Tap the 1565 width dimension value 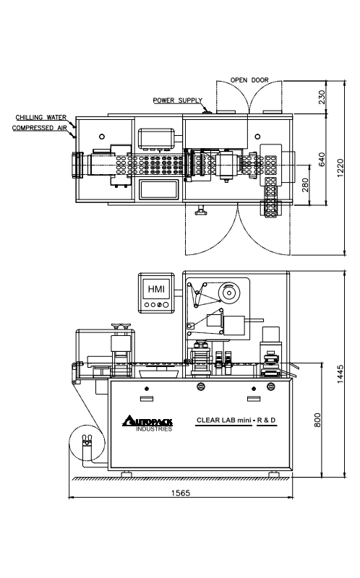(181, 493)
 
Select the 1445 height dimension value (340, 374)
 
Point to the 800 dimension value (317, 420)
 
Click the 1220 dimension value (340, 168)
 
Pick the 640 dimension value (322, 159)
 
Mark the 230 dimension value (322, 97)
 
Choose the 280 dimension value (305, 185)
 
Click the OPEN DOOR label (249, 80)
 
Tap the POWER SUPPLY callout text (178, 100)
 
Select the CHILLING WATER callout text (41, 117)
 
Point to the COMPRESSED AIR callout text (40, 128)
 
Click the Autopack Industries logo (147, 423)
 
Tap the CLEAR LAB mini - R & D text (236, 420)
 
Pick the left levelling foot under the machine (127, 474)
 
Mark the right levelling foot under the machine (274, 474)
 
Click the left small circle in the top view (102, 137)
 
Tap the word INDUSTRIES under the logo (154, 429)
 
